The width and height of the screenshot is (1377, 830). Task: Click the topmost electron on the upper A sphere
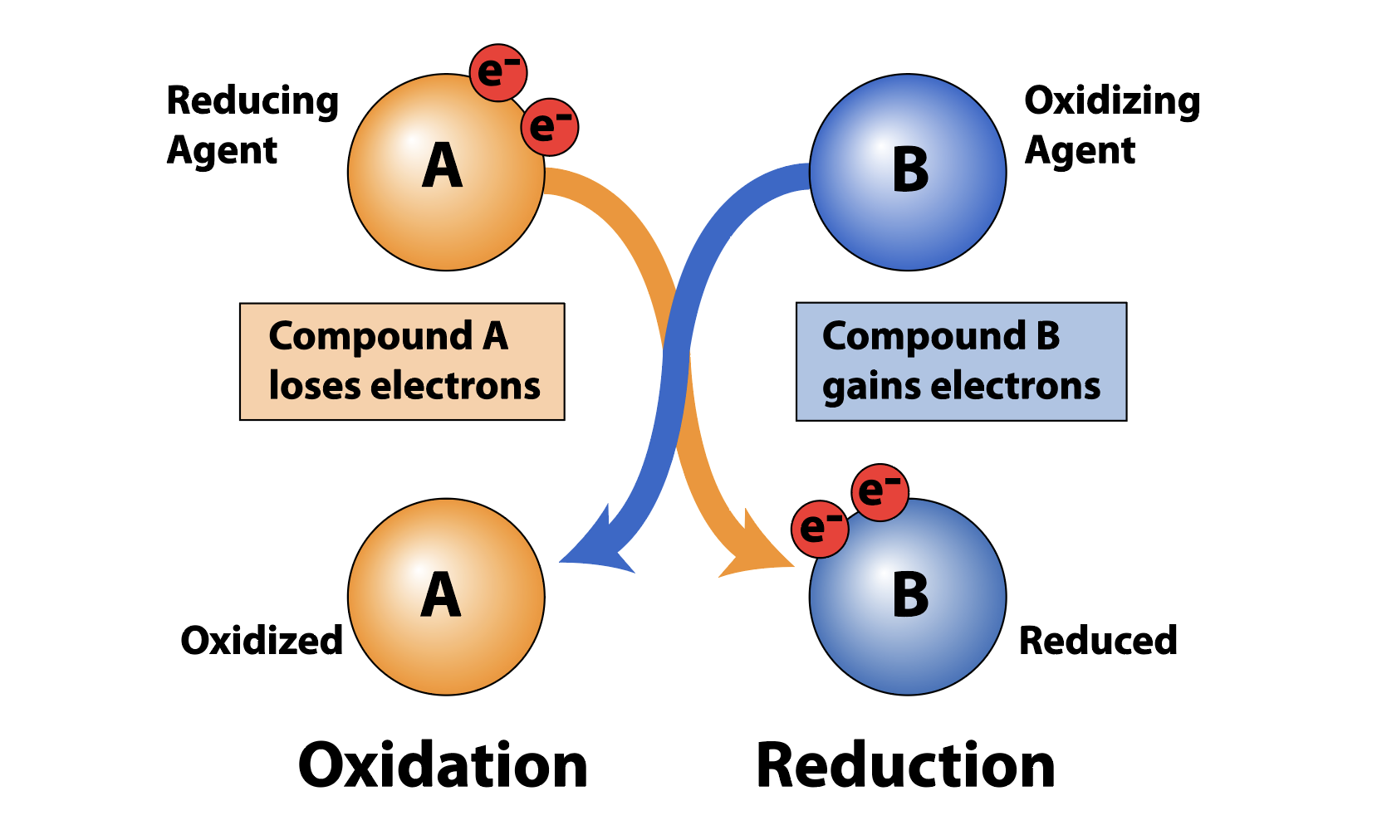(x=498, y=73)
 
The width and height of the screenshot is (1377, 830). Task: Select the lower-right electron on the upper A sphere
(x=550, y=127)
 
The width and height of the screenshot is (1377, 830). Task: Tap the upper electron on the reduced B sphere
(x=880, y=492)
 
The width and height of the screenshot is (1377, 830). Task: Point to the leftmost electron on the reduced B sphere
(x=820, y=529)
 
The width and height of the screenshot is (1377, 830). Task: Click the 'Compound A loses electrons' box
(x=402, y=362)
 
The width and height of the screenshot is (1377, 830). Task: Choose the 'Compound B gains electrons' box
(x=961, y=362)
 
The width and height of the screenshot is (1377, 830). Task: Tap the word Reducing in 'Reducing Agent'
(x=252, y=101)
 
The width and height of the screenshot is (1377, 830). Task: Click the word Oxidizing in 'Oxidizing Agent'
(x=1112, y=101)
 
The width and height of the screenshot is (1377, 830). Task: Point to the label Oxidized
(x=262, y=641)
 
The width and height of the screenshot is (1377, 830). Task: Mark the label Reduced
(x=1098, y=641)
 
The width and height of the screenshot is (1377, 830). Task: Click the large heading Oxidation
(x=443, y=765)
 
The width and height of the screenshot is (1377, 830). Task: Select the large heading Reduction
(x=905, y=765)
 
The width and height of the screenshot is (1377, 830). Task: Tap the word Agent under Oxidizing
(x=1080, y=151)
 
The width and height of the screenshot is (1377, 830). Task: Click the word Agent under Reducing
(x=222, y=151)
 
